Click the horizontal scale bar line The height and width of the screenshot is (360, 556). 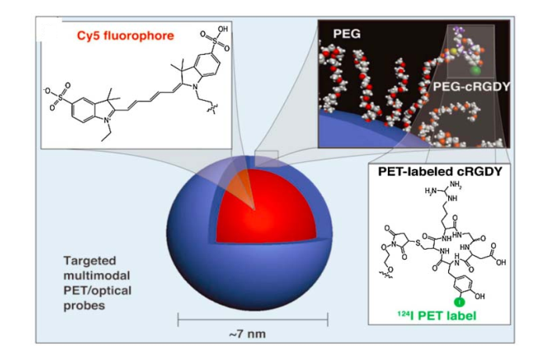pyautogui.click(x=249, y=319)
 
